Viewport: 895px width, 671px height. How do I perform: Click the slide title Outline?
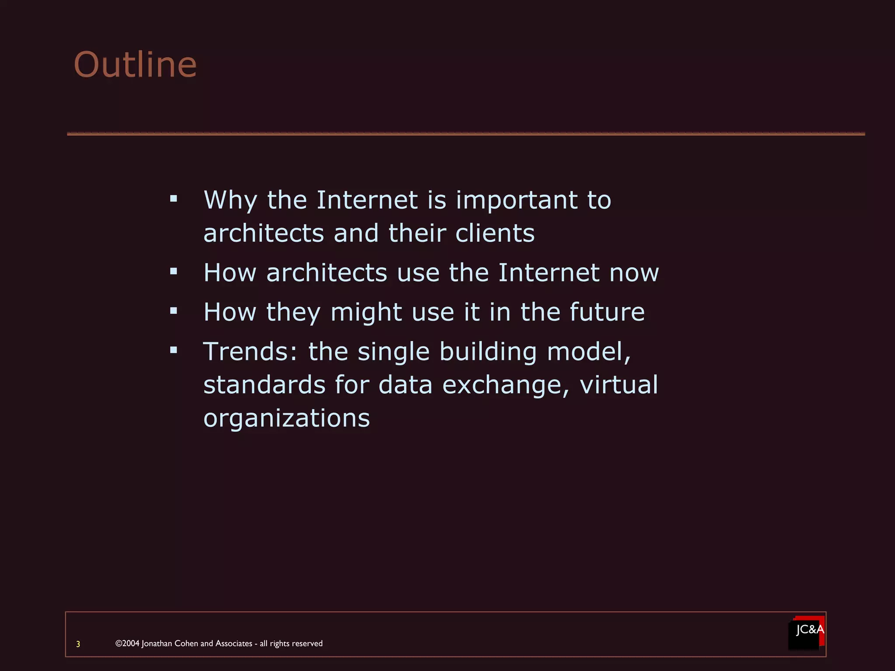[135, 65]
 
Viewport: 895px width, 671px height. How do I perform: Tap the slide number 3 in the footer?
[78, 644]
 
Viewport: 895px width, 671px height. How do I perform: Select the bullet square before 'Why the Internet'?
[174, 199]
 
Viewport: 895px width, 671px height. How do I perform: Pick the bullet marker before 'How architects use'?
[174, 272]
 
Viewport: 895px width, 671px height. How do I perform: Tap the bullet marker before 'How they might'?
[174, 311]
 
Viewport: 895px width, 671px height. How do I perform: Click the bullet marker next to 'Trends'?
[174, 350]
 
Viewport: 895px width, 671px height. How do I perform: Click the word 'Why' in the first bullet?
[230, 200]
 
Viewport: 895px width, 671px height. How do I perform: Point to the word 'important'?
[517, 200]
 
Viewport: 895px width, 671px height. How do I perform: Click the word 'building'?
[488, 352]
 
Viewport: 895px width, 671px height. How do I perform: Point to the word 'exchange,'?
[506, 385]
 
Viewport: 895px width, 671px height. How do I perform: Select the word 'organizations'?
[287, 419]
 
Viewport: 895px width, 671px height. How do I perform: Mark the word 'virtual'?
[618, 384]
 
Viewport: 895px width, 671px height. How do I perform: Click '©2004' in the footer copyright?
[127, 643]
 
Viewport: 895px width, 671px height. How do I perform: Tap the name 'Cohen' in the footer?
[186, 643]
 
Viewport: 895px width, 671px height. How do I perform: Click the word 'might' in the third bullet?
[366, 312]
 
